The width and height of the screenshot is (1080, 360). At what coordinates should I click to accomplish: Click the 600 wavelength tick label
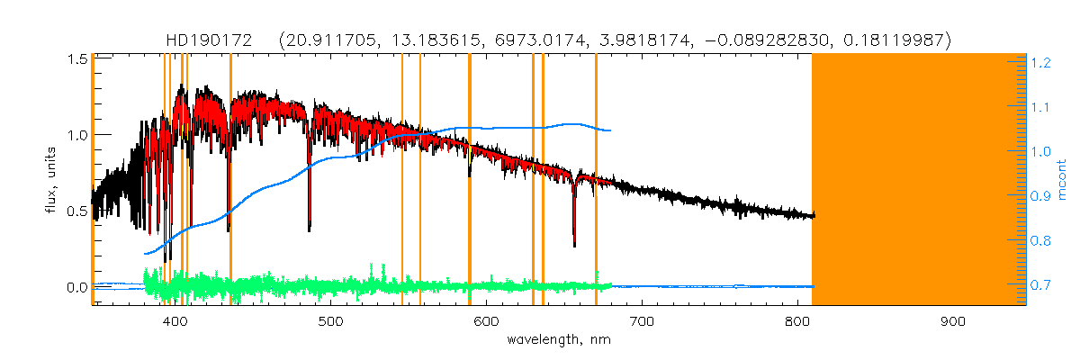click(x=486, y=321)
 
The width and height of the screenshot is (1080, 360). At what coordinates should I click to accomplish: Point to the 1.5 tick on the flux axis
click(x=76, y=58)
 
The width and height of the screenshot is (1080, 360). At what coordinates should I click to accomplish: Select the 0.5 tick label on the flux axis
click(x=76, y=211)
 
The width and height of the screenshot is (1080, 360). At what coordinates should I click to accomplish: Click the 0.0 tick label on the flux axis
click(x=76, y=287)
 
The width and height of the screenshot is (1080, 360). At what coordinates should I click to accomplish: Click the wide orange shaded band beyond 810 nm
click(x=918, y=180)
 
